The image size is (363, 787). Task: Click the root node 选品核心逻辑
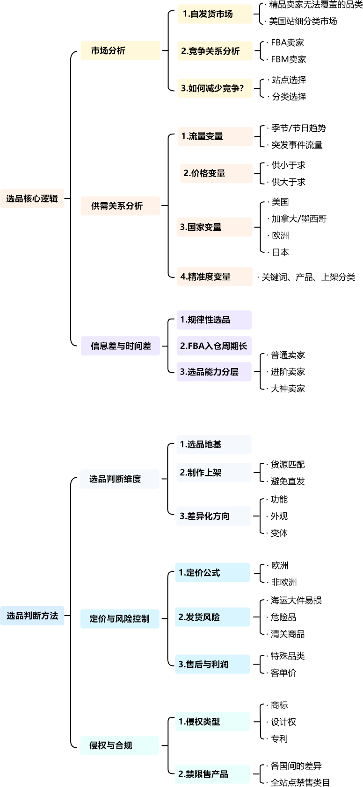tap(32, 199)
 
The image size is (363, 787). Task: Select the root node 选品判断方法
tap(32, 616)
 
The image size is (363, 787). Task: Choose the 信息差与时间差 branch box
tap(120, 346)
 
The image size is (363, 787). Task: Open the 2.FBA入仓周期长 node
tap(214, 346)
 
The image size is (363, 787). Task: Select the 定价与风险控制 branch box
tap(119, 618)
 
